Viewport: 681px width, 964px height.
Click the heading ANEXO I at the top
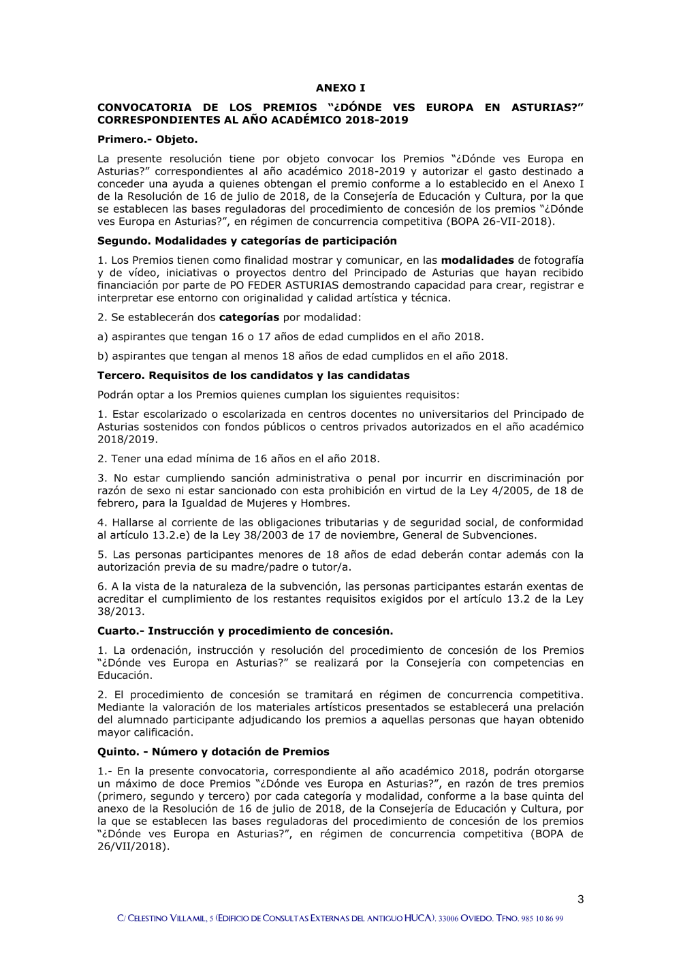340,88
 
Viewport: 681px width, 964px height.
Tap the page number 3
580,899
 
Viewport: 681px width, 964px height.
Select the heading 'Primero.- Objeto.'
147,139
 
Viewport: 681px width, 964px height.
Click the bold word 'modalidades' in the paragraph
477,260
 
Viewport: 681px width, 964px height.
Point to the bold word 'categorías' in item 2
249,317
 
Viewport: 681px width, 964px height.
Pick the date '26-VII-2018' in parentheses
518,222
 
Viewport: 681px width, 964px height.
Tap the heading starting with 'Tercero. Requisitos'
253,375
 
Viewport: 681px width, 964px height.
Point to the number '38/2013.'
121,612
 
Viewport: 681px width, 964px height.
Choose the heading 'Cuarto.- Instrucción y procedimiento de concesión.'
245,631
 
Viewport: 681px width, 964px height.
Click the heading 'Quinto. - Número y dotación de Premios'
213,751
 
